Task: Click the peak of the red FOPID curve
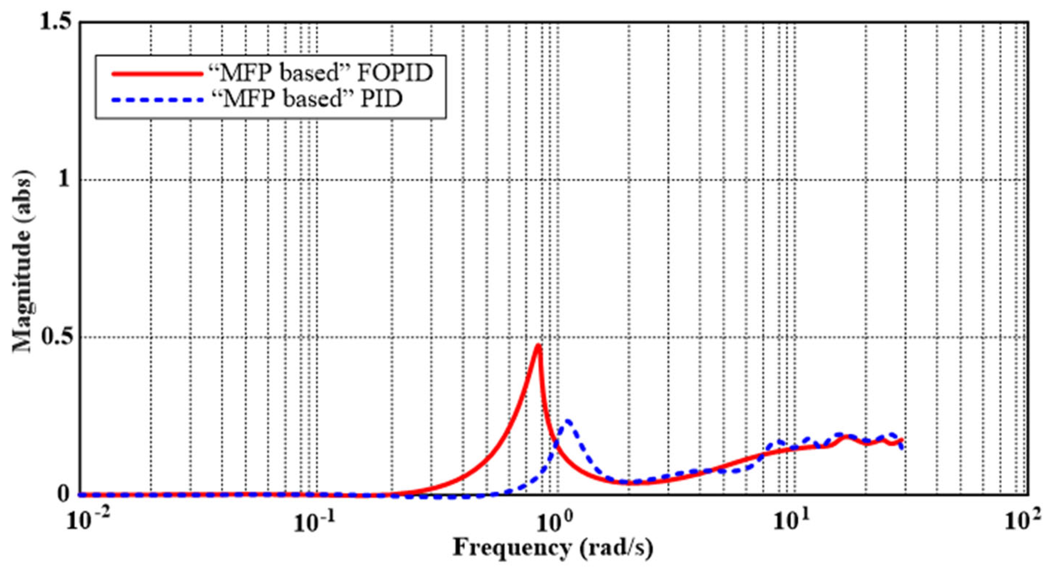pos(538,346)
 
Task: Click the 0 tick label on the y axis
pos(64,494)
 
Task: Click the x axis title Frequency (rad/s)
pos(553,548)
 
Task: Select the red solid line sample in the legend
pos(157,74)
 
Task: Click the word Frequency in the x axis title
pos(512,548)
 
